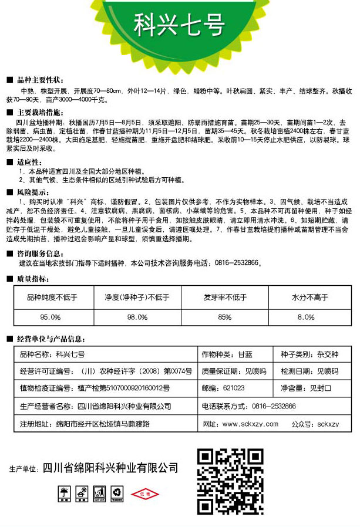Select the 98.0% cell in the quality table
(x=137, y=317)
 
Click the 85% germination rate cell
(x=224, y=317)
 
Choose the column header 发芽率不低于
(x=225, y=298)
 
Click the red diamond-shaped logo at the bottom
(x=142, y=494)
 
